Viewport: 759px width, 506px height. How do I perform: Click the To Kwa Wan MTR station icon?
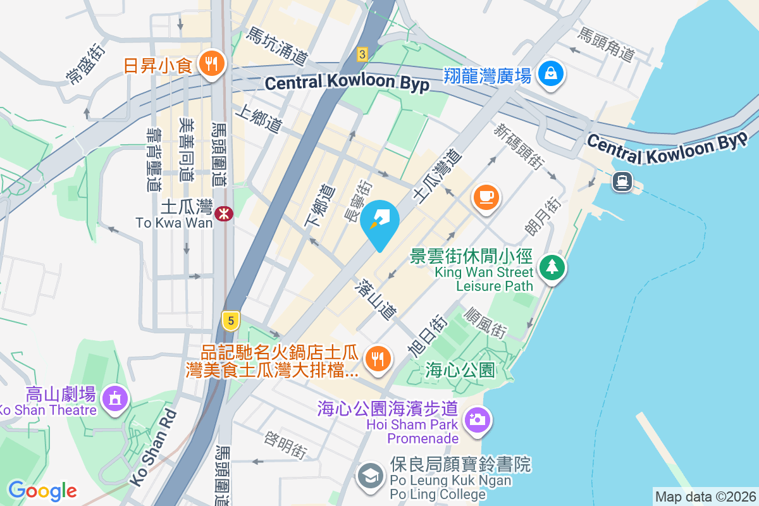click(223, 213)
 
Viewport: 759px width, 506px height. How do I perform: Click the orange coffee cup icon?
click(486, 198)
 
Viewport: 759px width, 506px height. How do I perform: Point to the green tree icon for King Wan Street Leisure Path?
click(552, 267)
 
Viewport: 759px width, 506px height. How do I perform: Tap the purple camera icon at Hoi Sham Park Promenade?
click(478, 419)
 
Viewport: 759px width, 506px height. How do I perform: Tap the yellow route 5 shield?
click(231, 321)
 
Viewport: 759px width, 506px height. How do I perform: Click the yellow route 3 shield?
click(362, 54)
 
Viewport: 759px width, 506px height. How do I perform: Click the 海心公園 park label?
click(460, 369)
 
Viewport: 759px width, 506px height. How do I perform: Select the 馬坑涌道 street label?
click(277, 46)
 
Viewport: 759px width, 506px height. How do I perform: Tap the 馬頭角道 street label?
click(605, 44)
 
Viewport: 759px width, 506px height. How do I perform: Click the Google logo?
click(42, 490)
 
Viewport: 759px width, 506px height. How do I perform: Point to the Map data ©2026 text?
click(705, 497)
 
